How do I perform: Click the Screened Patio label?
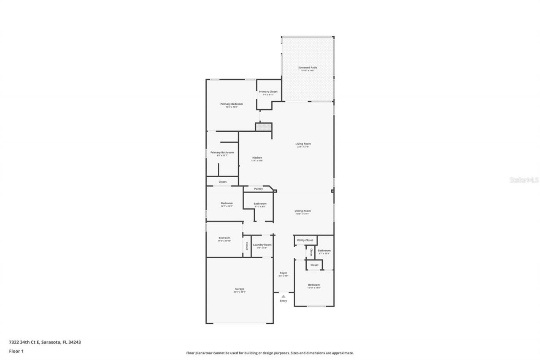(x=308, y=68)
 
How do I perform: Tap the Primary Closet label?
(x=268, y=92)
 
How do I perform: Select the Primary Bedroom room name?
(x=232, y=104)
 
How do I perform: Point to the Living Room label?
(x=303, y=143)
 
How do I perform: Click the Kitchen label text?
(x=257, y=158)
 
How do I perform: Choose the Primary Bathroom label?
(x=222, y=152)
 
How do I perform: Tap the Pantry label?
(x=258, y=189)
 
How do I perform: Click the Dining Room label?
(x=303, y=211)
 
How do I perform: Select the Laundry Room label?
(x=262, y=245)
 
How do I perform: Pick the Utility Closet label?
(x=305, y=240)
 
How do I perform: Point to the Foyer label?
(x=283, y=273)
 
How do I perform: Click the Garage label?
(x=239, y=289)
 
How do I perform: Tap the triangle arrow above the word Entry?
(x=283, y=296)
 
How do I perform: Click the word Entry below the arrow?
(x=283, y=301)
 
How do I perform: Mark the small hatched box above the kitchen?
(x=264, y=127)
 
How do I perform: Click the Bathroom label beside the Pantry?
(x=260, y=204)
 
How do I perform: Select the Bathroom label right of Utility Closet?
(x=324, y=251)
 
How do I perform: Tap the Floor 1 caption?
(x=16, y=351)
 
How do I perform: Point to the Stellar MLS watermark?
(x=524, y=180)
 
